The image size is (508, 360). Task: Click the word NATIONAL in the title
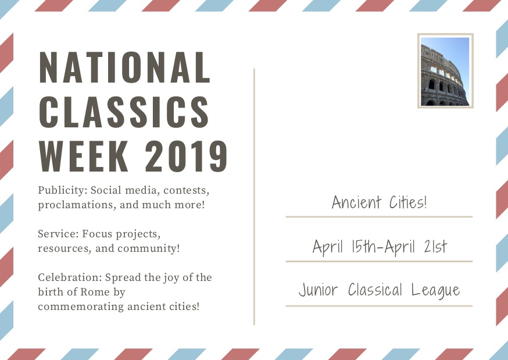pos(125,67)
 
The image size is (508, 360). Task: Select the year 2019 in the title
pos(187,156)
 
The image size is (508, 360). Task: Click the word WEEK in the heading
pos(84,156)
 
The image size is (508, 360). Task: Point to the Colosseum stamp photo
pos(445,71)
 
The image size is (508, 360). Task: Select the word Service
pos(58,233)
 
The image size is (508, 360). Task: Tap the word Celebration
pos(70,277)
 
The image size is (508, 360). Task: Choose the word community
pos(148,248)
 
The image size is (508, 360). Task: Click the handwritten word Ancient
pos(356,202)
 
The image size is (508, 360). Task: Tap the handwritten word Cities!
pos(408,202)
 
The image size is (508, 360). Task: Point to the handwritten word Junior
pos(318,290)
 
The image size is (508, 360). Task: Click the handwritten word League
pos(436,290)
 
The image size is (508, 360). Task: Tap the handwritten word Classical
pos(375,290)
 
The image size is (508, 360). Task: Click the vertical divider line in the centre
pos(255,197)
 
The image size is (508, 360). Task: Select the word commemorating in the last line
pos(81,306)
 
